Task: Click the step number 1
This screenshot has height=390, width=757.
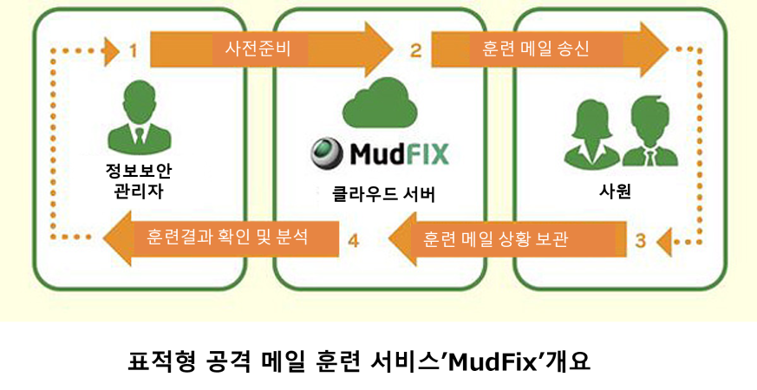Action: pos(133,51)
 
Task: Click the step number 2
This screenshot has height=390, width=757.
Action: pos(415,51)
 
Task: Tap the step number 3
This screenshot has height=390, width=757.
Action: pos(640,241)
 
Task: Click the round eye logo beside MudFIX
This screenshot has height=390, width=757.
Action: pos(328,153)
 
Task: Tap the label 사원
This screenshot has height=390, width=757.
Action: pos(615,192)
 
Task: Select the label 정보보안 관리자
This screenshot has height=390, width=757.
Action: pos(139,180)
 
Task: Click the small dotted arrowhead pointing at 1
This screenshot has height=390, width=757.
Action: pos(111,51)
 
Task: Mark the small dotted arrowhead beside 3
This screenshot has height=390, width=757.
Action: pos(663,241)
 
